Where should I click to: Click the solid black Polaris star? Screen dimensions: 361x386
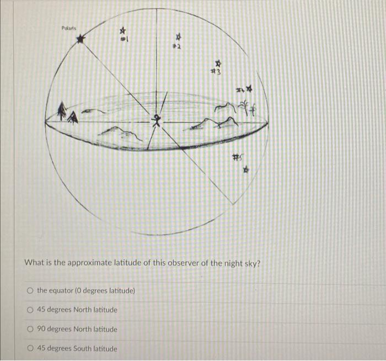(x=82, y=39)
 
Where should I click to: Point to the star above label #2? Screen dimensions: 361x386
(x=178, y=38)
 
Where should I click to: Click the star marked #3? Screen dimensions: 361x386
(x=218, y=63)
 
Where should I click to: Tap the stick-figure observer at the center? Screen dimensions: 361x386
(x=159, y=119)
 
